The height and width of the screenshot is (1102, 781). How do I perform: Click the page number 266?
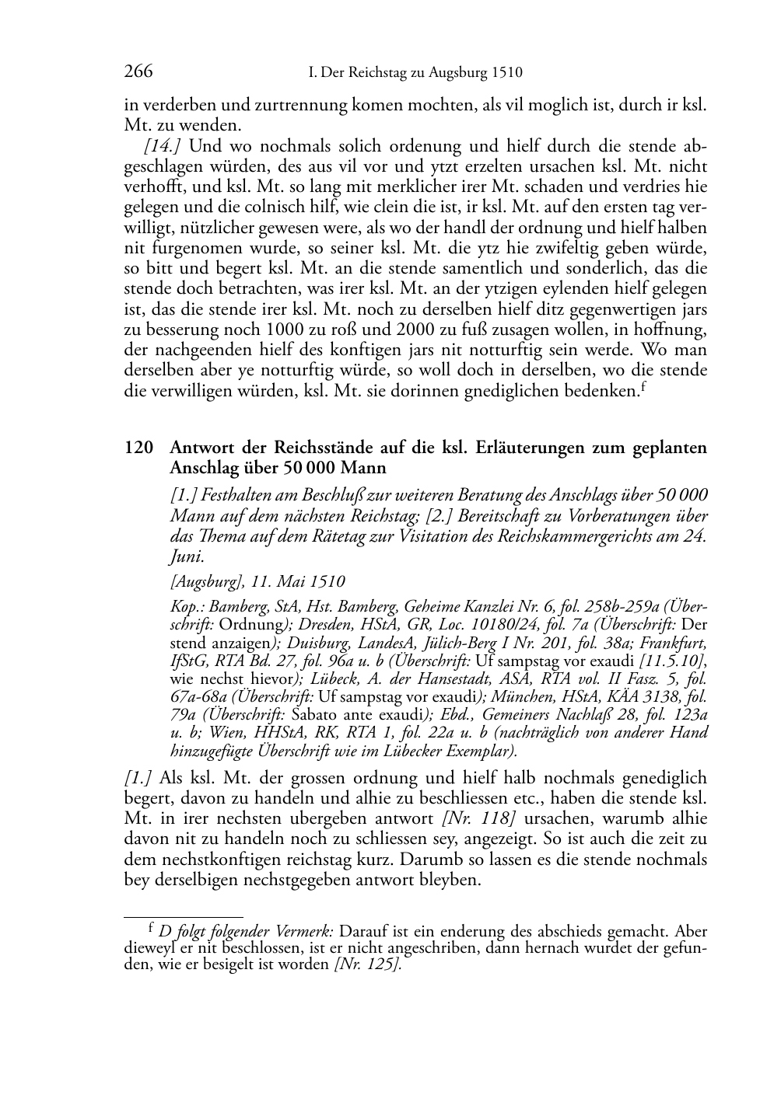pyautogui.click(x=138, y=73)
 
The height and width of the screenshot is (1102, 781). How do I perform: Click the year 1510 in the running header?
pyautogui.click(x=506, y=74)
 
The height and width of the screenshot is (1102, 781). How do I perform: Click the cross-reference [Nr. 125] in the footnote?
pyautogui.click(x=368, y=965)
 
